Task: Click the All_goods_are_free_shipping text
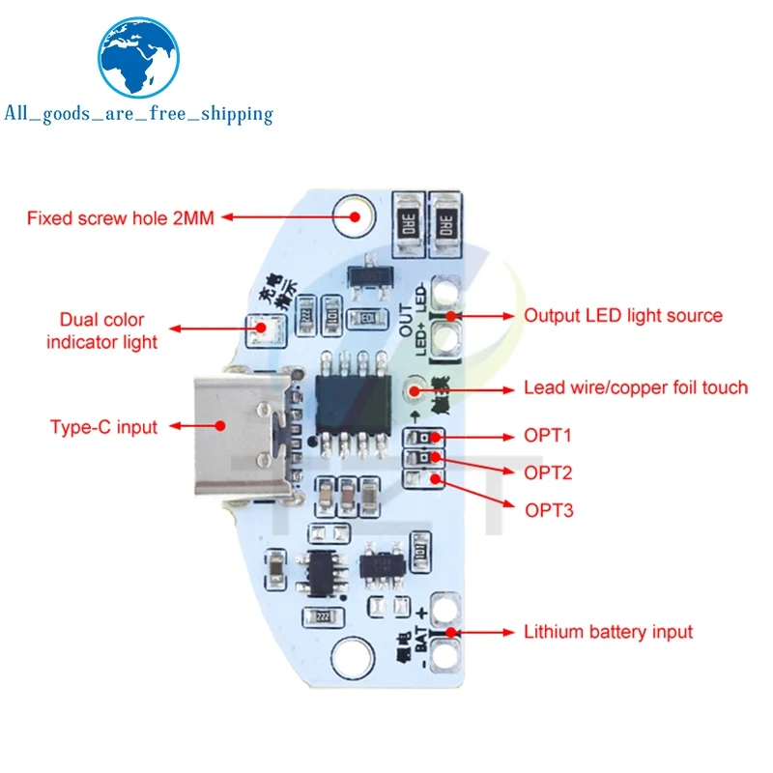pyautogui.click(x=139, y=114)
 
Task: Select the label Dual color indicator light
pyautogui.click(x=101, y=329)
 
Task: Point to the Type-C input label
pyautogui.click(x=103, y=426)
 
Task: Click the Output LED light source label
pyautogui.click(x=623, y=315)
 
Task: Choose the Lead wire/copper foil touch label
pyautogui.click(x=636, y=387)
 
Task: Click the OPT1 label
pyautogui.click(x=549, y=436)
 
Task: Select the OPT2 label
pyautogui.click(x=549, y=472)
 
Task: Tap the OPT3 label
pyautogui.click(x=549, y=508)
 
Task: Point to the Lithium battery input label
pyautogui.click(x=608, y=632)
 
